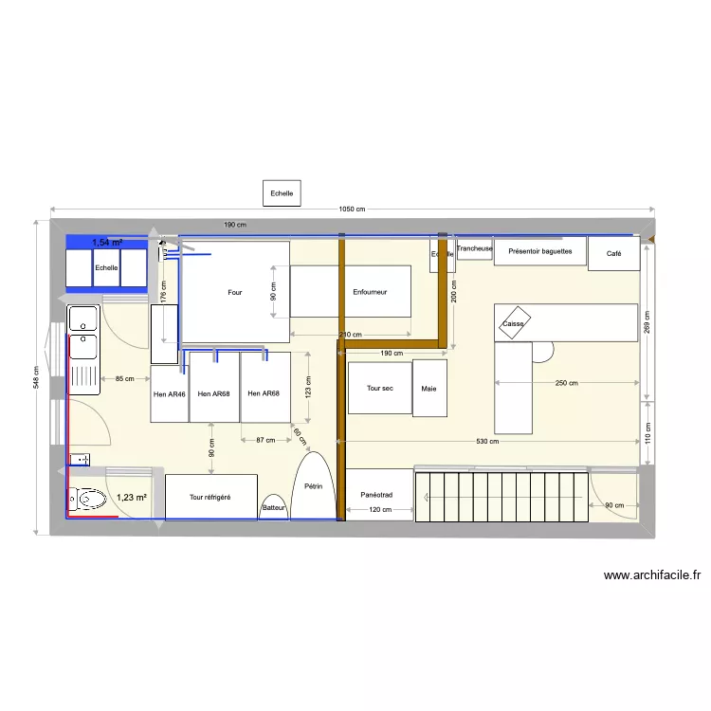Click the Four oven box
coord(234,292)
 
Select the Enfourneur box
coord(350,291)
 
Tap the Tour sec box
coord(379,387)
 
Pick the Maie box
coord(429,387)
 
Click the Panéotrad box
coord(378,494)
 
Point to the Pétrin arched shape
coord(314,485)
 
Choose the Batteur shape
coord(274,507)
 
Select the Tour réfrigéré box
coord(210,497)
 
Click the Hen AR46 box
coord(170,393)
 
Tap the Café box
coord(614,253)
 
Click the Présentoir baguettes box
coord(539,251)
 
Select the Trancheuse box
coord(474,249)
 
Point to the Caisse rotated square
coord(514,322)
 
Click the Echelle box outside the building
coord(282,193)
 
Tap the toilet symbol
coord(87,498)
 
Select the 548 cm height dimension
coord(37,377)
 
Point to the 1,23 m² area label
coord(132,496)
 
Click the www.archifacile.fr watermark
coord(651,574)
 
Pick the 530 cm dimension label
coord(488,441)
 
